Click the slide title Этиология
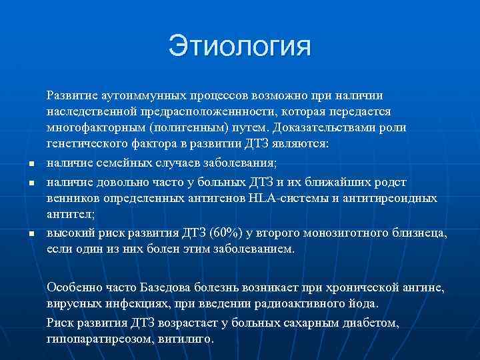[240, 47]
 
